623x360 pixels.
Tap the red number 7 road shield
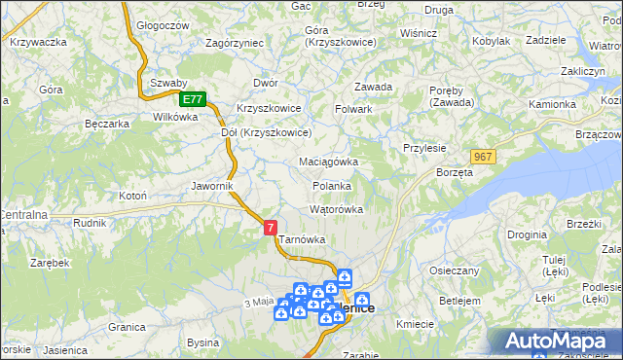tap(270, 227)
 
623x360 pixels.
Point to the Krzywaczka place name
tap(38, 42)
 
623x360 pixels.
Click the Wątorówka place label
tap(336, 209)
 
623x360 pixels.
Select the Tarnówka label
tap(302, 238)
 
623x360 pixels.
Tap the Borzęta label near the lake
tap(455, 172)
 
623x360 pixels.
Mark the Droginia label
tap(527, 234)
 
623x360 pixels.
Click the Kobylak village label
tap(491, 41)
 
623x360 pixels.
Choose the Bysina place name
tap(202, 342)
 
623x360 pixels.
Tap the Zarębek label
tap(50, 263)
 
